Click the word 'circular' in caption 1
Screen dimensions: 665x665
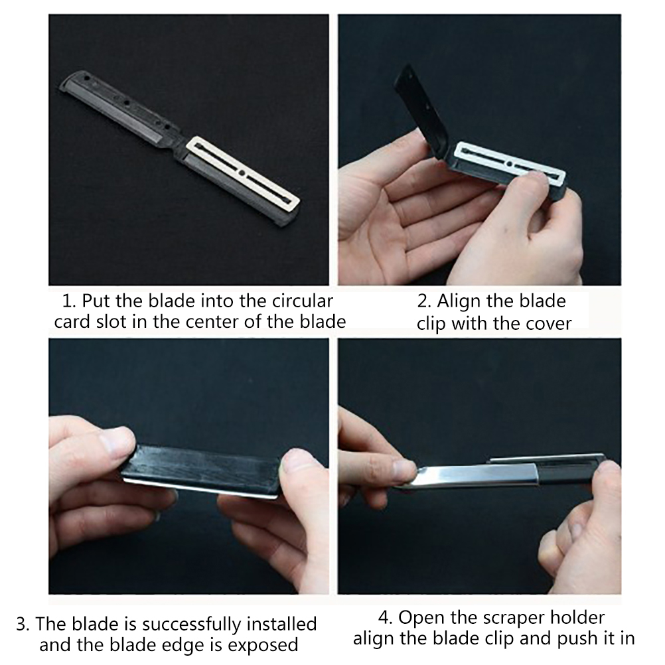[x=302, y=301]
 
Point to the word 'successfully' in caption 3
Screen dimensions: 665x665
[x=192, y=625]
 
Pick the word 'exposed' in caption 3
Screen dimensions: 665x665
[x=263, y=645]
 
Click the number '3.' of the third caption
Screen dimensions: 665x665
[x=23, y=625]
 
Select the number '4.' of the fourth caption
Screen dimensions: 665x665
[x=386, y=617]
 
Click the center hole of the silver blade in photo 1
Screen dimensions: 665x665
[x=242, y=173]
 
